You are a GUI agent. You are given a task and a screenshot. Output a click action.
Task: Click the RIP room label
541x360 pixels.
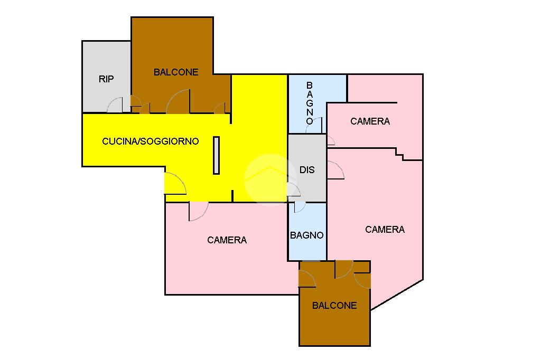(106, 79)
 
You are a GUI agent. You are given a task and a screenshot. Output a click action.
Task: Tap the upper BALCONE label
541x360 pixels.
(176, 72)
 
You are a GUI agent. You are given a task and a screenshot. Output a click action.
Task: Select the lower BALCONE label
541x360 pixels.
(334, 305)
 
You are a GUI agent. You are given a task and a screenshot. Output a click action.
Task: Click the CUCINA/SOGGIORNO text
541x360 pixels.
(151, 141)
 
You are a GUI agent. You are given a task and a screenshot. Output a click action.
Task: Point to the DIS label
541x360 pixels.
(307, 170)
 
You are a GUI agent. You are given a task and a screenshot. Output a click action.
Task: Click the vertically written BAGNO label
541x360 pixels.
(310, 103)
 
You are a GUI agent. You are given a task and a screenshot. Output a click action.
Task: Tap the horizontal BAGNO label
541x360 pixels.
(306, 235)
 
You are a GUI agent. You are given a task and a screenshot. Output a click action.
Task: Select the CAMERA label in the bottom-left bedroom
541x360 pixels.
(227, 240)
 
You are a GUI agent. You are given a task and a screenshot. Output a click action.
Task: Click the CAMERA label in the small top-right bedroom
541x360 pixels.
(370, 121)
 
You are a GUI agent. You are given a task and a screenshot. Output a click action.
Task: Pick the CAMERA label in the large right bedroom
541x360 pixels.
(385, 230)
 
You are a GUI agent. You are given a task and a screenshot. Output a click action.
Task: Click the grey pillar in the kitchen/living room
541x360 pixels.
(216, 155)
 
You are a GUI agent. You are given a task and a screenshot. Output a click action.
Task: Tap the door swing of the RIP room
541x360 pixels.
(116, 105)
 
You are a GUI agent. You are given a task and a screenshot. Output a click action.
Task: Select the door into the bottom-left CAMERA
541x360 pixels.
(198, 211)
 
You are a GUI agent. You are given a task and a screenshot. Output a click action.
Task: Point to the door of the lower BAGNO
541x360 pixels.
(300, 207)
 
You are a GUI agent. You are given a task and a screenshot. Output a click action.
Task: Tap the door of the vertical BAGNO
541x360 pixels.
(315, 126)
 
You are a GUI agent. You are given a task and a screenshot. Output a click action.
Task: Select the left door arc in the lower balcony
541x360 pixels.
(307, 278)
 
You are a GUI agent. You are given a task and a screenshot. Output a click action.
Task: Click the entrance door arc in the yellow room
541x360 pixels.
(175, 183)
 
